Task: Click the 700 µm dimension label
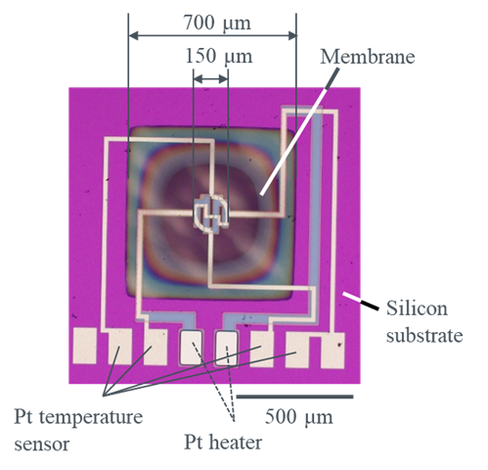217,23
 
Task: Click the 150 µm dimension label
219,56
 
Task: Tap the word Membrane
368,57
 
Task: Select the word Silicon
417,308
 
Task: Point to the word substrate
424,335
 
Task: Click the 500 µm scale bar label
298,417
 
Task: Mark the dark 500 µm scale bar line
294,397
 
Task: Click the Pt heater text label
223,443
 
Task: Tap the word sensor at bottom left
42,445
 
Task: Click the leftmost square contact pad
84,346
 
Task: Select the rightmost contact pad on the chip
333,350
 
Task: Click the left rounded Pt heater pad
192,348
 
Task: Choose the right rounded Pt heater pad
227,348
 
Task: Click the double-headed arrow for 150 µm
210,79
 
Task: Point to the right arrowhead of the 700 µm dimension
292,35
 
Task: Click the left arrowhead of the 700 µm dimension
133,35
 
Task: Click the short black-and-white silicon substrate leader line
361,301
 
